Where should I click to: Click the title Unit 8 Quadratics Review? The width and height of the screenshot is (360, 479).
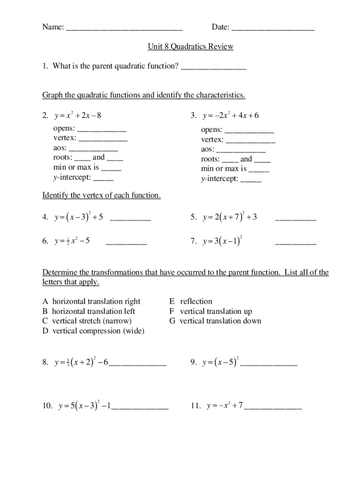click(x=190, y=47)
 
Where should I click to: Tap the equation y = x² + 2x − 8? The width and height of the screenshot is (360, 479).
click(x=78, y=116)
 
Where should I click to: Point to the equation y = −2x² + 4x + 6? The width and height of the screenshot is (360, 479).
click(x=231, y=116)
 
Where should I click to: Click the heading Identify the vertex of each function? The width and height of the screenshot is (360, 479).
click(x=101, y=196)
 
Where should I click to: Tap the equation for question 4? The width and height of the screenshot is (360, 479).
click(x=79, y=218)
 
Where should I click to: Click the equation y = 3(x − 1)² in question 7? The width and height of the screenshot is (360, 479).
click(x=222, y=242)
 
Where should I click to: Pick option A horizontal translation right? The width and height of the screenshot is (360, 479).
click(x=92, y=301)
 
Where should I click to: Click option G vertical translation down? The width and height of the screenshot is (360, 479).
click(x=215, y=321)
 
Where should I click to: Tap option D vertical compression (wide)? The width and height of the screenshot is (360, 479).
click(x=94, y=331)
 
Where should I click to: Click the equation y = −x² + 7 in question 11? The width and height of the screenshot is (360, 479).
click(x=223, y=406)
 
